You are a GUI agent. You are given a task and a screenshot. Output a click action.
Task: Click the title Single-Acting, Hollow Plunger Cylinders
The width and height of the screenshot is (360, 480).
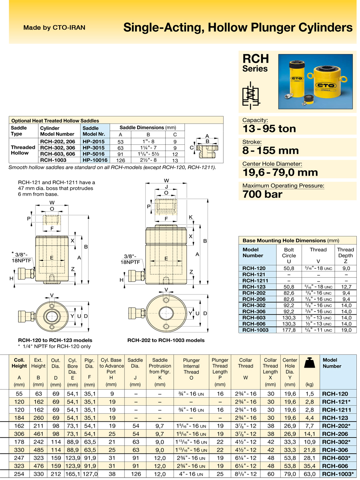click(238, 27)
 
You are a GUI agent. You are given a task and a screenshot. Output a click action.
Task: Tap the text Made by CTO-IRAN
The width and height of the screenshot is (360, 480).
click(54, 28)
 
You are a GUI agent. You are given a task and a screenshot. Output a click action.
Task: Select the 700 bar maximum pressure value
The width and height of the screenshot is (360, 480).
click(262, 195)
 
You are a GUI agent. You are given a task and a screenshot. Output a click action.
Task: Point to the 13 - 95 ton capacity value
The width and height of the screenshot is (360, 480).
click(269, 129)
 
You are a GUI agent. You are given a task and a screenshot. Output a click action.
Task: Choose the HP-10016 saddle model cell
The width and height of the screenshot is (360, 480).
click(95, 160)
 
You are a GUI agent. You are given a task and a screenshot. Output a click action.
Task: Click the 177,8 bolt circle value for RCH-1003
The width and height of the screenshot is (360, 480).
click(289, 330)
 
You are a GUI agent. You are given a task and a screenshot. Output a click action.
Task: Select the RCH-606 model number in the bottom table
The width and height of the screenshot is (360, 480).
click(335, 466)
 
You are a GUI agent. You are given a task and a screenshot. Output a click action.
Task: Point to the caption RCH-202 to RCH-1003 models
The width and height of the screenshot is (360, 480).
click(166, 340)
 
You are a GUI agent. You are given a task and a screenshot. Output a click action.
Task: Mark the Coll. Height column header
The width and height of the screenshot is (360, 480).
click(19, 363)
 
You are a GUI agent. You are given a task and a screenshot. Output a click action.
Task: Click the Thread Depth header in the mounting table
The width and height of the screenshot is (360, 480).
click(345, 253)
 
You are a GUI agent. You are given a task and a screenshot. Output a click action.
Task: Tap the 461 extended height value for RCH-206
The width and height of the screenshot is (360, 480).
click(38, 434)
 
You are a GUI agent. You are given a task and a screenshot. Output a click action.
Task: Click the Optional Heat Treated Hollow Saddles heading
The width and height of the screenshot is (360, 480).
click(55, 120)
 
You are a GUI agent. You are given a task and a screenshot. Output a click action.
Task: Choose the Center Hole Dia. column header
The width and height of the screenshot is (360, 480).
click(290, 366)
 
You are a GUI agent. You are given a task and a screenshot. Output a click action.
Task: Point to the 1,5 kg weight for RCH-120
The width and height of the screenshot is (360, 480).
click(309, 394)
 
